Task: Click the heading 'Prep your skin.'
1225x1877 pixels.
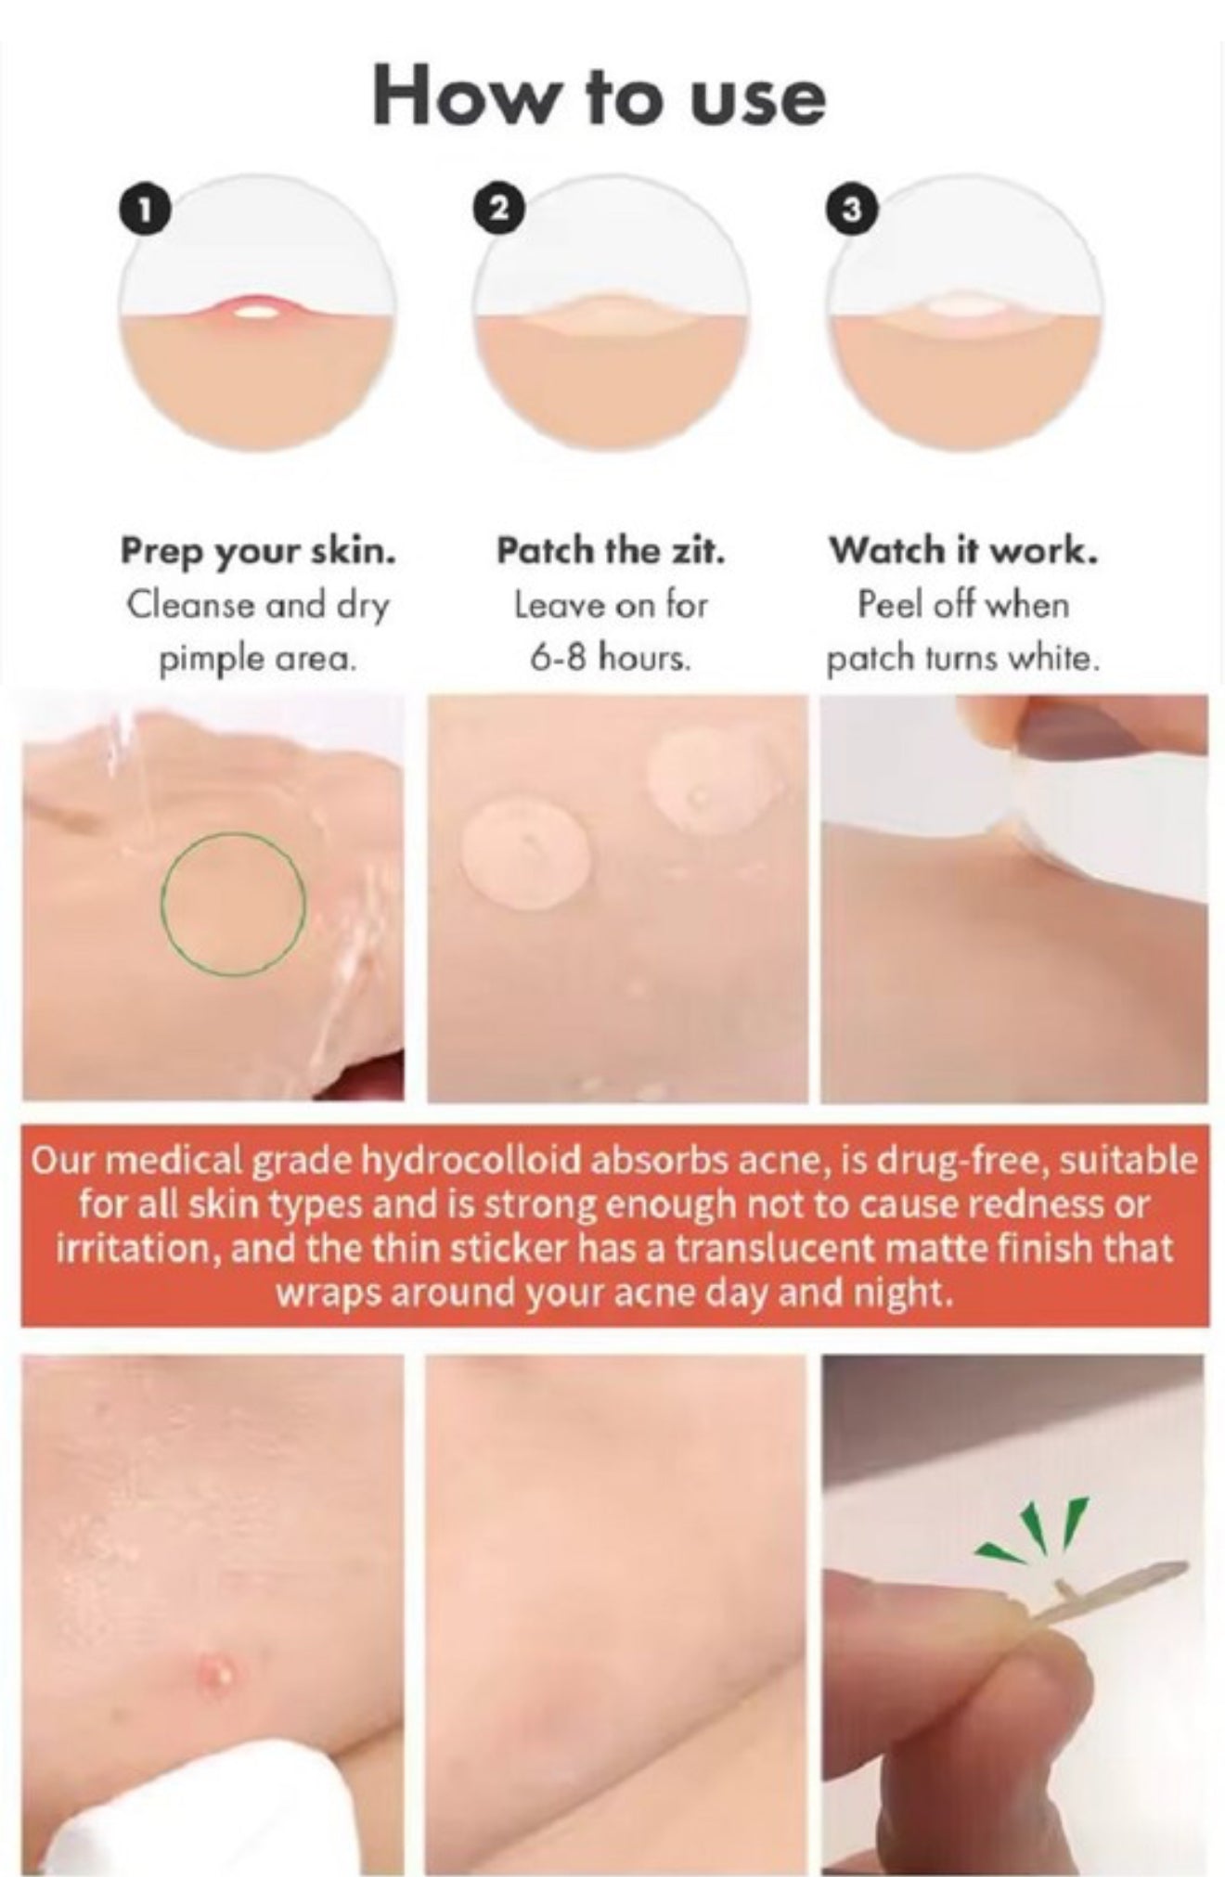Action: coord(258,552)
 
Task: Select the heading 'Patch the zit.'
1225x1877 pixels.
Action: coord(610,550)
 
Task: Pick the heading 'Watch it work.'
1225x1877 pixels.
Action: coord(963,550)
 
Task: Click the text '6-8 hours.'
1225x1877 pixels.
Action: coord(611,658)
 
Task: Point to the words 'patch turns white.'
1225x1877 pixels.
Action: coord(963,659)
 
